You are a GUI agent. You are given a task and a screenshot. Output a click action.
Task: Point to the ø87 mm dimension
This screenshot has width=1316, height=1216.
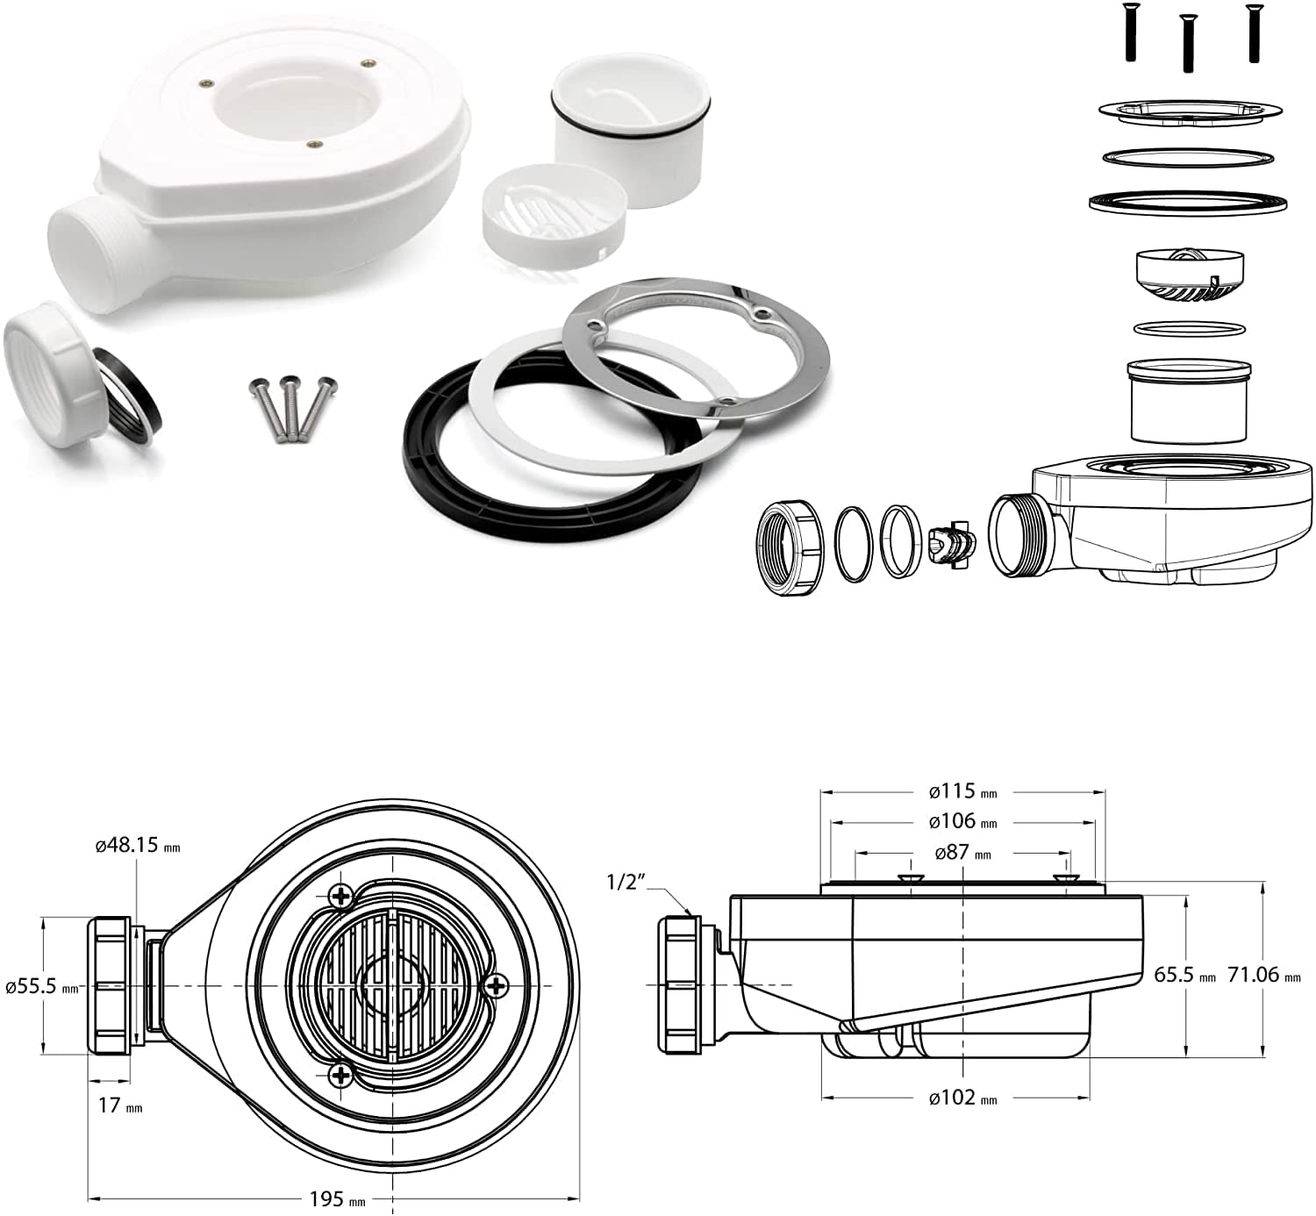click(962, 852)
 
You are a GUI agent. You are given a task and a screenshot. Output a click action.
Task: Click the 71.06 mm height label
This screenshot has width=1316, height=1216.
click(1263, 974)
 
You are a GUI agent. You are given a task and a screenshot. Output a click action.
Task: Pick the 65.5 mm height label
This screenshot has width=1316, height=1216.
click(1184, 975)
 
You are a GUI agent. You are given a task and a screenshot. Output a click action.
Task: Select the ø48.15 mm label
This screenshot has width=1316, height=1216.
click(137, 846)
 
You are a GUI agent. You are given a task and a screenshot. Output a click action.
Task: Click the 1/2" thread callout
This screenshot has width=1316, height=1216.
click(626, 881)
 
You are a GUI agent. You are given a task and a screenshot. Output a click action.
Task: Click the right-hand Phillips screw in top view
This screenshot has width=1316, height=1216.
click(497, 985)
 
